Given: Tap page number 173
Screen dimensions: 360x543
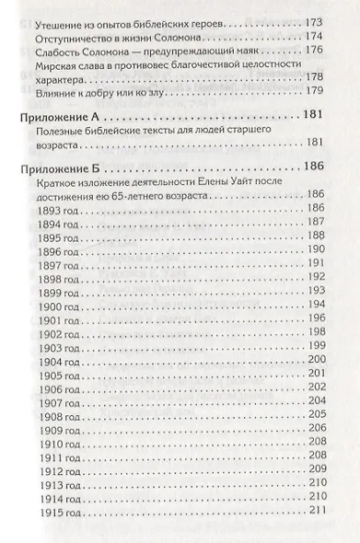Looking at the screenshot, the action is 315,19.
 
